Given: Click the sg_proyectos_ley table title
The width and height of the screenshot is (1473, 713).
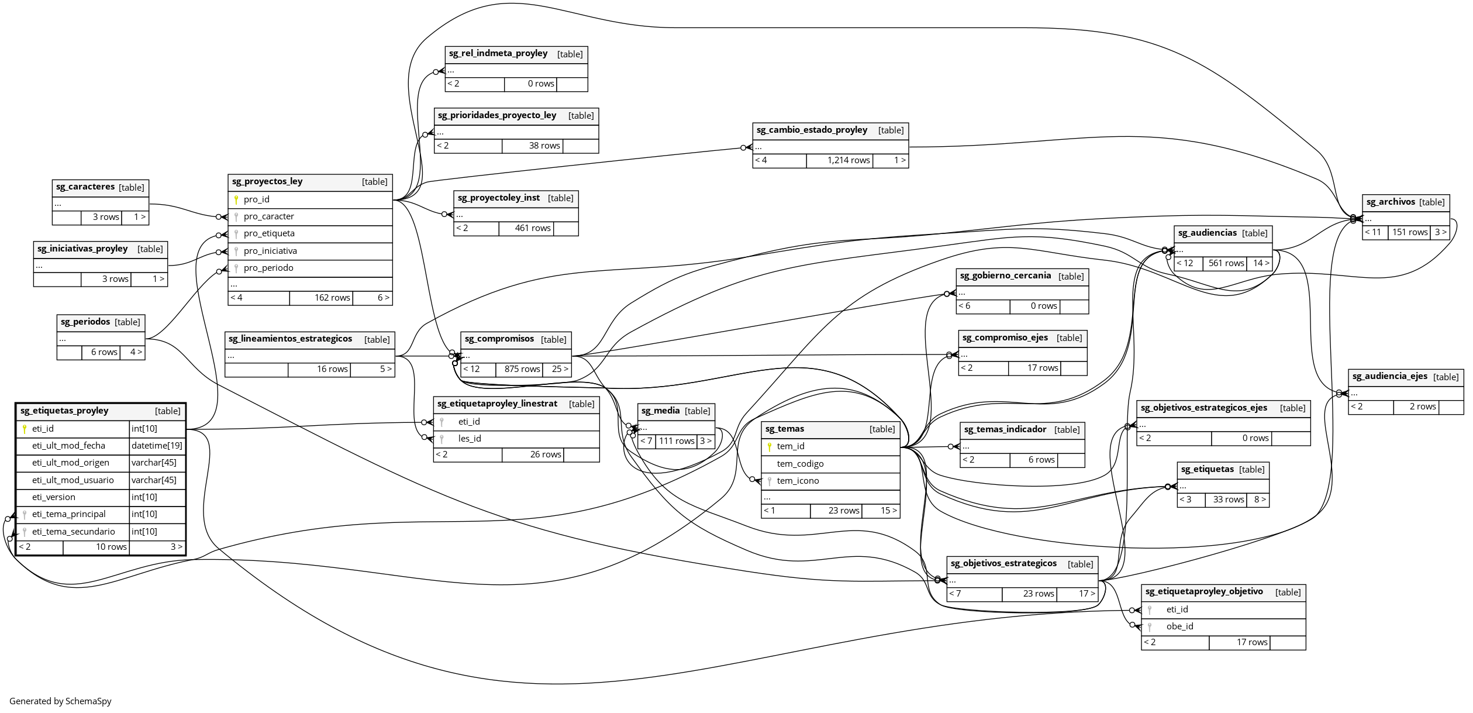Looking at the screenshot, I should click(267, 182).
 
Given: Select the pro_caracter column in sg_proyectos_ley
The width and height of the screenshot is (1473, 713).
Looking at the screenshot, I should click(269, 216).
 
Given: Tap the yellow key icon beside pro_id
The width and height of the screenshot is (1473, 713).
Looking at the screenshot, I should click(236, 199).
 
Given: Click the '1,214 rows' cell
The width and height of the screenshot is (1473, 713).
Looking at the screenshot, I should click(848, 160).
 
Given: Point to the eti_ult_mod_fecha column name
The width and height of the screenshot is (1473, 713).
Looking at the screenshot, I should click(68, 446).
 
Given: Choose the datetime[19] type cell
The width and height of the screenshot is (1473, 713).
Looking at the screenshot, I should click(157, 446).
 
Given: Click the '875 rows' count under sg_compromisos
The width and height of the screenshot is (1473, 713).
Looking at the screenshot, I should click(522, 369).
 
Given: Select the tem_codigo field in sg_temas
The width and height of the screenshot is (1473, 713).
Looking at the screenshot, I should click(800, 464).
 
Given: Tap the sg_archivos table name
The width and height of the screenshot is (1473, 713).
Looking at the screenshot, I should click(1390, 202).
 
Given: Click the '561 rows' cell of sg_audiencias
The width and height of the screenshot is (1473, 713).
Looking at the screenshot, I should click(1226, 263).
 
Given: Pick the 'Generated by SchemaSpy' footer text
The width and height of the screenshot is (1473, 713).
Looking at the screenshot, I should click(60, 701).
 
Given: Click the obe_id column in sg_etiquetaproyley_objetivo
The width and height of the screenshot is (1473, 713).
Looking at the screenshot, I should click(1179, 626).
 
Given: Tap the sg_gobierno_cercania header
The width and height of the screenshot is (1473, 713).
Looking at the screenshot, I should click(1005, 276).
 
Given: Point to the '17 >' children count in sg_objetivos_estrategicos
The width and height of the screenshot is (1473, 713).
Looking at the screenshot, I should click(1086, 594).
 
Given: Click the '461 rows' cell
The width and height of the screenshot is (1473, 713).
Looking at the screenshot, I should click(532, 228).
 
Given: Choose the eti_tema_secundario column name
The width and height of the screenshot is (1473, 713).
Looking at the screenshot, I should click(73, 532).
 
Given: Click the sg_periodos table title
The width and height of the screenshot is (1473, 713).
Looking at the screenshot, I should click(85, 322).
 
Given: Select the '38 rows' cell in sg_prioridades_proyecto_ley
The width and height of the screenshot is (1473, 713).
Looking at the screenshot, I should click(544, 146).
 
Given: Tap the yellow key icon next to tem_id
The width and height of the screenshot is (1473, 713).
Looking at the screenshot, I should click(770, 447).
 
